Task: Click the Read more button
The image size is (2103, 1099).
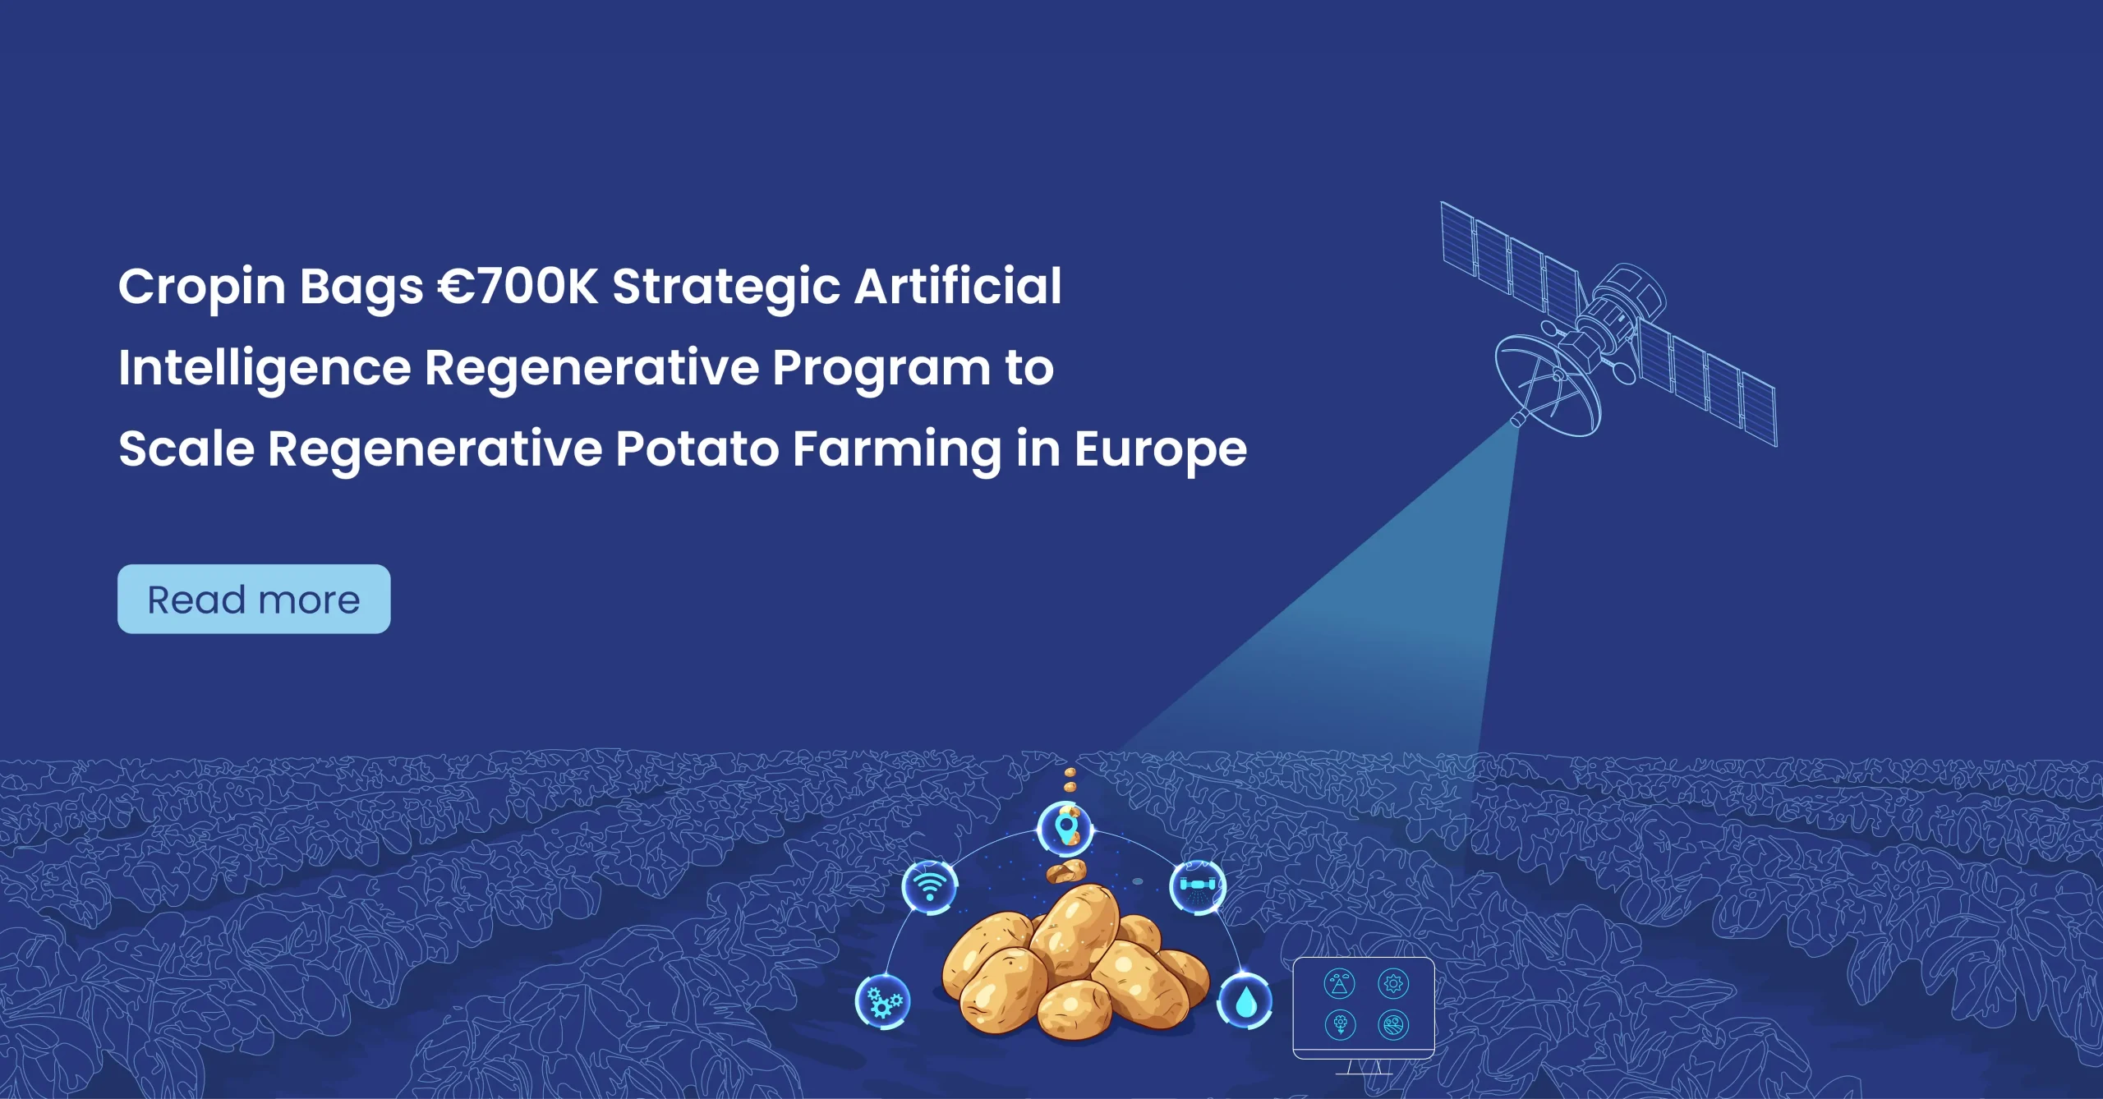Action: tap(254, 599)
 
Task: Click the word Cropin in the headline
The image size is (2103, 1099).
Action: tap(202, 287)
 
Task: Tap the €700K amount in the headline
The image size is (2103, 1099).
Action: tap(518, 287)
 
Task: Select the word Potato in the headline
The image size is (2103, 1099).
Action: tap(697, 449)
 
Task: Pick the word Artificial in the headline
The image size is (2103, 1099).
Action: tap(958, 286)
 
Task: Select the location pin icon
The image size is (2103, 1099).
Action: tap(1065, 829)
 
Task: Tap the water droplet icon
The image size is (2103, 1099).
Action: tap(1245, 1000)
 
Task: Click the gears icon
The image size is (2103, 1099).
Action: tap(883, 1001)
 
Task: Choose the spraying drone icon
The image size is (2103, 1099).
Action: tap(1198, 886)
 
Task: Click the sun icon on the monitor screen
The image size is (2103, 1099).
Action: tap(1393, 983)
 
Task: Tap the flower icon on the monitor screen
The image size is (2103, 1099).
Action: tap(1340, 1025)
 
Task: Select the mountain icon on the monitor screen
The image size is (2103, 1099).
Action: tap(1340, 983)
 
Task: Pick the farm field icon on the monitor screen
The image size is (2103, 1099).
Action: tap(1393, 1025)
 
